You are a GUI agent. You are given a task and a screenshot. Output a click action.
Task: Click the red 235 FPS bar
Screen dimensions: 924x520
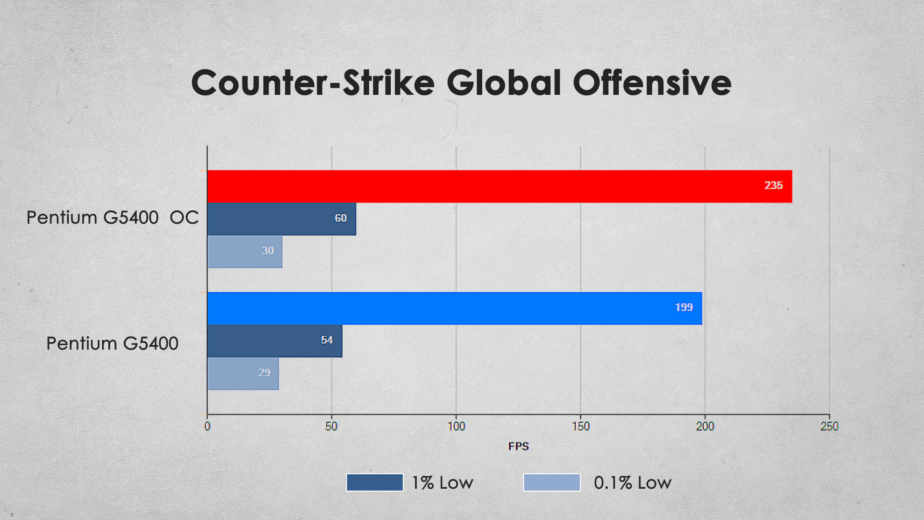pos(500,186)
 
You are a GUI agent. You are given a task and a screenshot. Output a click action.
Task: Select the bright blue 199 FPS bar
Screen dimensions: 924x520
pos(455,308)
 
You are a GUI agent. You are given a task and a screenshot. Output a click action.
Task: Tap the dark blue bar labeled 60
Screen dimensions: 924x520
pos(282,219)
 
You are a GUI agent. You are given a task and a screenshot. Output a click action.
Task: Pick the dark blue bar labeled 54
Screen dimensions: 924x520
pos(275,341)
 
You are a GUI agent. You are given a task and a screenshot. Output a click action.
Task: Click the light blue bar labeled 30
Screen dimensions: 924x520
pos(245,251)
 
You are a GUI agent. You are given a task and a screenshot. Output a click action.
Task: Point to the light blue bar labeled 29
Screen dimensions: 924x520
pos(243,374)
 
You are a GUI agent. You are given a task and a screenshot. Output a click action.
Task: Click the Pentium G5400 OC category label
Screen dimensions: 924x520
pos(113,218)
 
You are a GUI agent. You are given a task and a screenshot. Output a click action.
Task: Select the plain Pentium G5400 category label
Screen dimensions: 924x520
pos(113,344)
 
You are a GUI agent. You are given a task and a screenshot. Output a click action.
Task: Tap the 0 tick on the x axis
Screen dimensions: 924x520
pos(207,427)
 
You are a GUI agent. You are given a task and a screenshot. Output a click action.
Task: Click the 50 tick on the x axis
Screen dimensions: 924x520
pos(332,427)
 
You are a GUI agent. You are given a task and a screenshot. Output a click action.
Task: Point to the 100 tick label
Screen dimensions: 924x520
pos(456,427)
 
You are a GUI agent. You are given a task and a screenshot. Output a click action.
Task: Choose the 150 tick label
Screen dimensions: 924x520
pos(581,427)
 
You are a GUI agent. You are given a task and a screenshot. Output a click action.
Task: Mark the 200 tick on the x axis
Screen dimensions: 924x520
pos(705,427)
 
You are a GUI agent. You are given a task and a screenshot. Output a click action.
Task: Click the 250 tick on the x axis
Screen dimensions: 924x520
pos(830,427)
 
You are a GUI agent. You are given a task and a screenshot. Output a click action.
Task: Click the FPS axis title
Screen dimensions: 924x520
pos(519,446)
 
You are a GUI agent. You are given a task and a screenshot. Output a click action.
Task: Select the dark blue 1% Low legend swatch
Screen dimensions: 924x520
pos(375,482)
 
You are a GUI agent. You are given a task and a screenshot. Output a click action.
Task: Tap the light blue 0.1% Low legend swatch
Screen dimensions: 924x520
pos(552,482)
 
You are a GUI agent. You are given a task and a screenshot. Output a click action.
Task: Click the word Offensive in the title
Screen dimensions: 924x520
pos(652,82)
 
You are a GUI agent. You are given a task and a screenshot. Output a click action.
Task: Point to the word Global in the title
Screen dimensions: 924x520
pos(504,82)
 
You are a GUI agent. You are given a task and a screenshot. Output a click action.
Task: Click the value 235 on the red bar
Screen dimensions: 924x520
pos(773,185)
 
